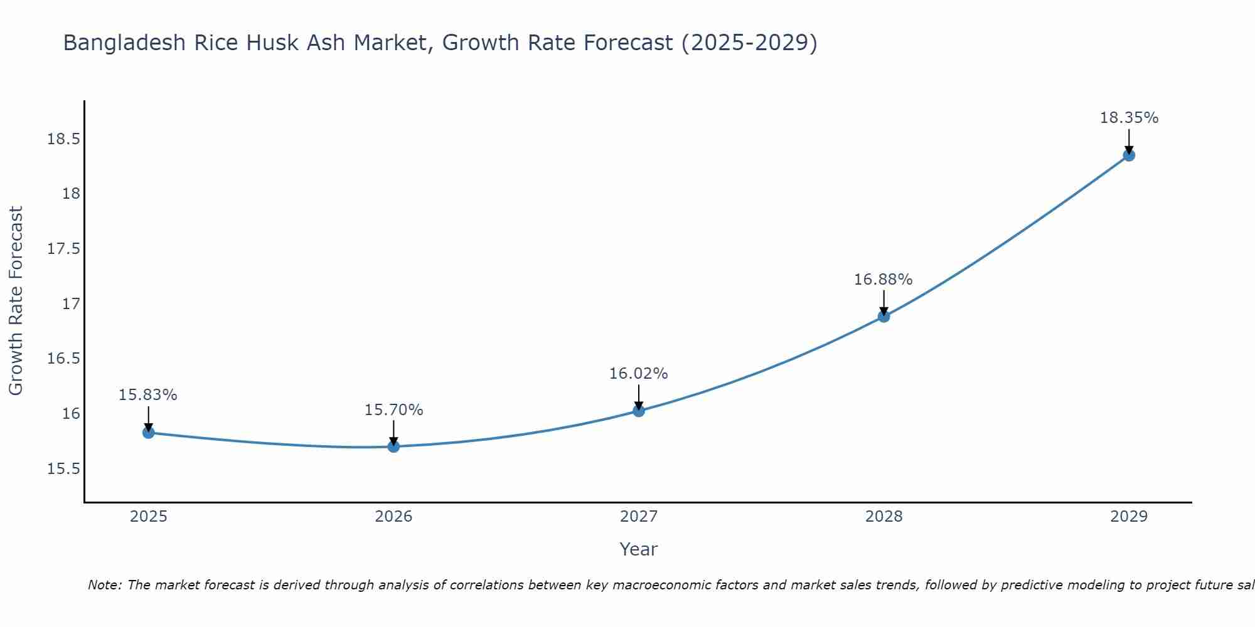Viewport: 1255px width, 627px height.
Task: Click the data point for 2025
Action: click(149, 433)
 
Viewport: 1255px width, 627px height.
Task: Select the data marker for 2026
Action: click(393, 446)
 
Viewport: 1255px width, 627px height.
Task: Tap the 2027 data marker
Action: click(639, 411)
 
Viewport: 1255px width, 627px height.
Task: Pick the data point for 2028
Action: click(884, 317)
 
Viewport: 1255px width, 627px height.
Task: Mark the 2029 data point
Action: click(1129, 155)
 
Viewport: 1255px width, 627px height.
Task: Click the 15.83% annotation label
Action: click(148, 395)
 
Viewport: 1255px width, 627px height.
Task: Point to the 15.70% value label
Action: click(393, 410)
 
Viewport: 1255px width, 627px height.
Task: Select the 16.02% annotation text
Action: click(639, 374)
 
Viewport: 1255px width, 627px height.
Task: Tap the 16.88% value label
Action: click(884, 280)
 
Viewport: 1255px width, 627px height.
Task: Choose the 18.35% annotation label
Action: click(1129, 118)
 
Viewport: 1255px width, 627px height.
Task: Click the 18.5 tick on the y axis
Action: click(64, 139)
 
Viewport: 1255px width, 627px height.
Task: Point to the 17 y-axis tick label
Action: click(72, 304)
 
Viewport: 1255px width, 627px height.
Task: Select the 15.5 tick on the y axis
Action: click(64, 469)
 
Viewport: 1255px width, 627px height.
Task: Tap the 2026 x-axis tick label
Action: click(393, 517)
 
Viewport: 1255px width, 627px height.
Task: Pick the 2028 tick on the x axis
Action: click(884, 517)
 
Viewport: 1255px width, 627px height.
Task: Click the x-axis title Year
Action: click(639, 549)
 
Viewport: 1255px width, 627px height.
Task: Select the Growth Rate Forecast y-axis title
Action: click(16, 301)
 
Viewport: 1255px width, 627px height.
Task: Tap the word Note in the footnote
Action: click(105, 585)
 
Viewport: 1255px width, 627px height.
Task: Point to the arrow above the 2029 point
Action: click(1129, 140)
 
